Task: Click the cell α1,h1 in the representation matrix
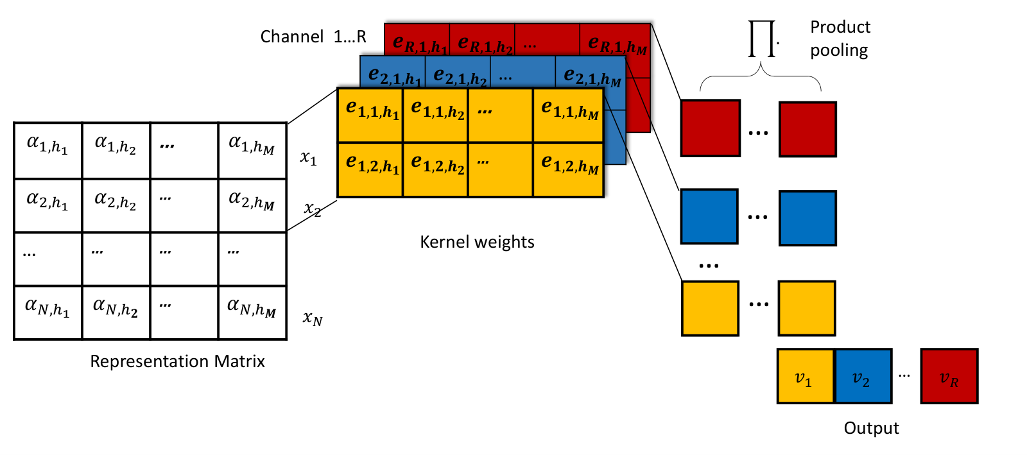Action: (x=48, y=151)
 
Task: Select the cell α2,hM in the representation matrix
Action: (x=253, y=205)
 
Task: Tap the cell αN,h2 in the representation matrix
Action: (x=116, y=313)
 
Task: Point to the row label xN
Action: (x=313, y=318)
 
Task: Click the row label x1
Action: (x=309, y=158)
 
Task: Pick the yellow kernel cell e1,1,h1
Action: (x=370, y=116)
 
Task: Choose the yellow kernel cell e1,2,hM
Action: (x=568, y=170)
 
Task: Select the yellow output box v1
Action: (x=806, y=376)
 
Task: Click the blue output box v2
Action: (x=863, y=376)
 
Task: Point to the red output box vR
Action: (x=949, y=376)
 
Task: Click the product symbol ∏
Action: (x=761, y=39)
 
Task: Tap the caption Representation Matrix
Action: (x=177, y=361)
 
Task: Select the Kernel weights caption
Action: (x=478, y=242)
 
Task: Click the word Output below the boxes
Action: (x=871, y=428)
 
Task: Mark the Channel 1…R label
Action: (x=313, y=37)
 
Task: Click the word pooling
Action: (x=839, y=51)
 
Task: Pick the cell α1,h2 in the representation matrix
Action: (x=116, y=151)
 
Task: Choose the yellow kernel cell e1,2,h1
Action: (x=370, y=170)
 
